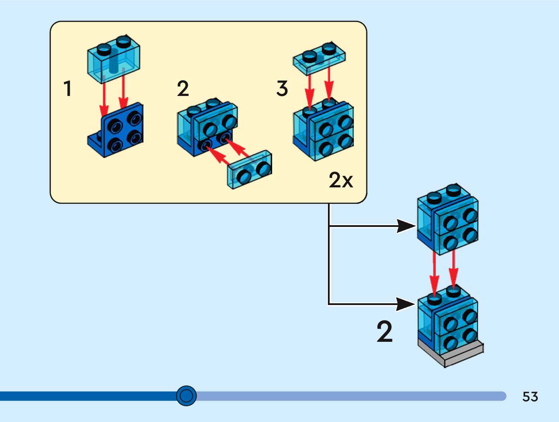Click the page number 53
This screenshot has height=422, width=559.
(530, 396)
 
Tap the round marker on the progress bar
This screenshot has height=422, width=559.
(186, 396)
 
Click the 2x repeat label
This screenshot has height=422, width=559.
(341, 180)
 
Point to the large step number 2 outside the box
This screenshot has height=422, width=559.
(384, 331)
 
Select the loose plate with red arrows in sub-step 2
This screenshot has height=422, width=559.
(250, 170)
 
